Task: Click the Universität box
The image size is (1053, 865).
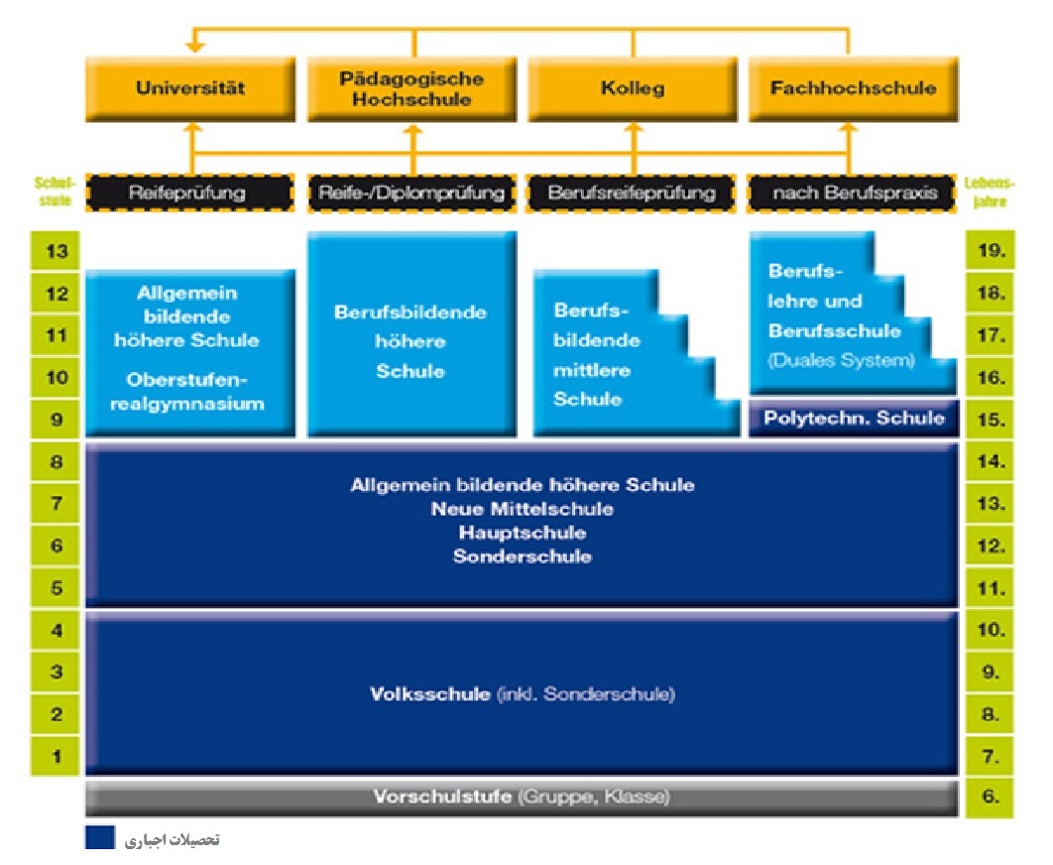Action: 190,87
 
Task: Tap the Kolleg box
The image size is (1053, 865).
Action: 632,87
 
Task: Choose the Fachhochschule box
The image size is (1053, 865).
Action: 853,87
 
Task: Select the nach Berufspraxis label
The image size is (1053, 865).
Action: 853,192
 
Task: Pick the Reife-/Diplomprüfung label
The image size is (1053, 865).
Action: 410,192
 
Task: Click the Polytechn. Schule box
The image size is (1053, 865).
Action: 854,418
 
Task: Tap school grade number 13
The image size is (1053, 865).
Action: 58,251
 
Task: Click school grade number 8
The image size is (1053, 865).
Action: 58,461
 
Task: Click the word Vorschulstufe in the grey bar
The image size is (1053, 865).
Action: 442,797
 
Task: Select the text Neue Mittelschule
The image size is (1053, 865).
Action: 522,509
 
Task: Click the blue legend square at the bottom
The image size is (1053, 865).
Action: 99,838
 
